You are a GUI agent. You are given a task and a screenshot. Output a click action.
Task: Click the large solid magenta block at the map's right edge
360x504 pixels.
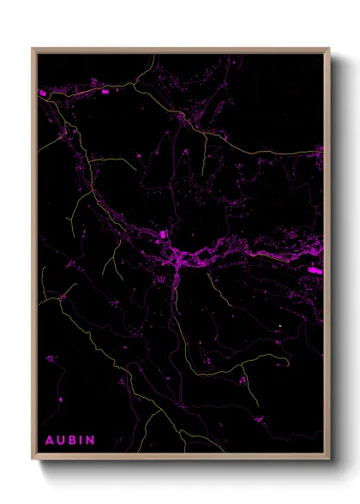click(x=315, y=270)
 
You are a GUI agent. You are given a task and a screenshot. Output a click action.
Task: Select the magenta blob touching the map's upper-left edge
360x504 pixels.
click(x=42, y=92)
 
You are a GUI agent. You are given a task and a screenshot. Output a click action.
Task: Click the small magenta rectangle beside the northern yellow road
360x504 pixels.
click(x=106, y=91)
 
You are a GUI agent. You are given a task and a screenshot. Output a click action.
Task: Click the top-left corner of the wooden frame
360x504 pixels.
click(x=33, y=49)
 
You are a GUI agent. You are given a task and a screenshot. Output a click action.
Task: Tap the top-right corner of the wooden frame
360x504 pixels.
click(x=329, y=49)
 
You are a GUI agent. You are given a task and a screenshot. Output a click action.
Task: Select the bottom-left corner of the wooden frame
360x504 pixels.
click(x=33, y=460)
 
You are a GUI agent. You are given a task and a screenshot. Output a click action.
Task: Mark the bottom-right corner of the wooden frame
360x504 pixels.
click(x=329, y=460)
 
